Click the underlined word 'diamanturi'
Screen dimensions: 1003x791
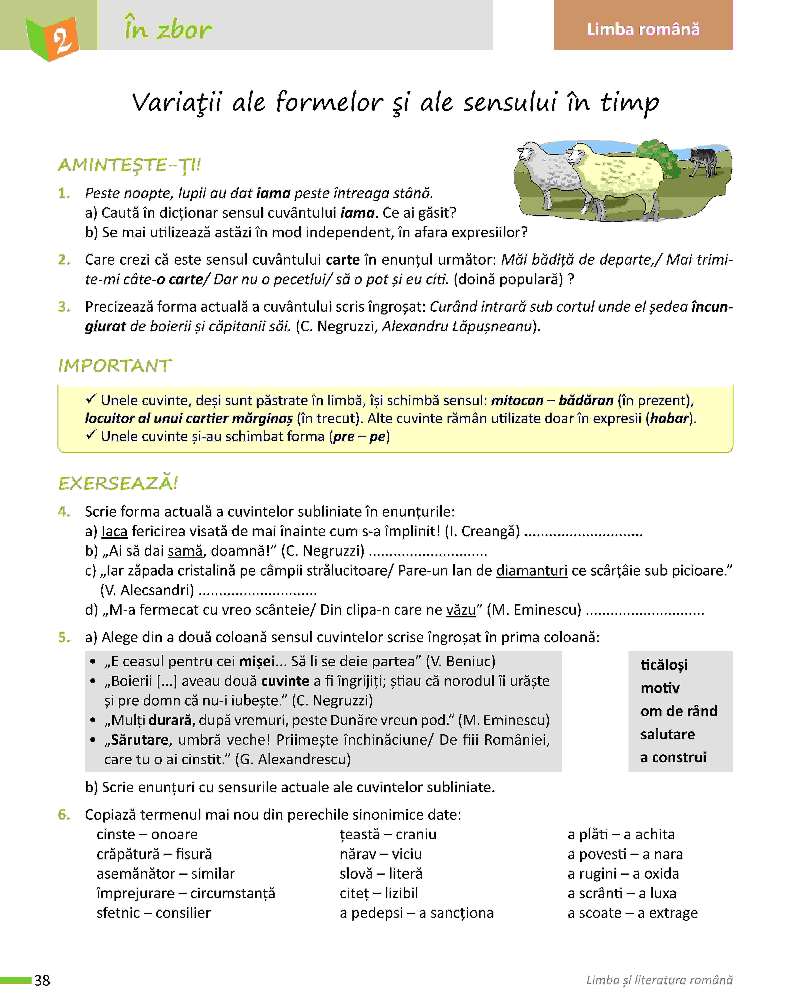point(532,571)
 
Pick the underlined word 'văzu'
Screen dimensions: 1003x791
point(461,610)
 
